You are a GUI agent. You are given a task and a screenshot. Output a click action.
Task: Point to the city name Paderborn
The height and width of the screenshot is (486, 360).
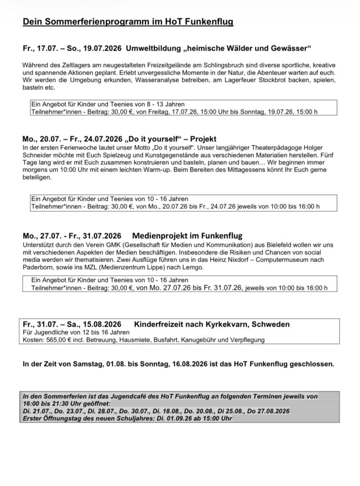click(39, 267)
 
